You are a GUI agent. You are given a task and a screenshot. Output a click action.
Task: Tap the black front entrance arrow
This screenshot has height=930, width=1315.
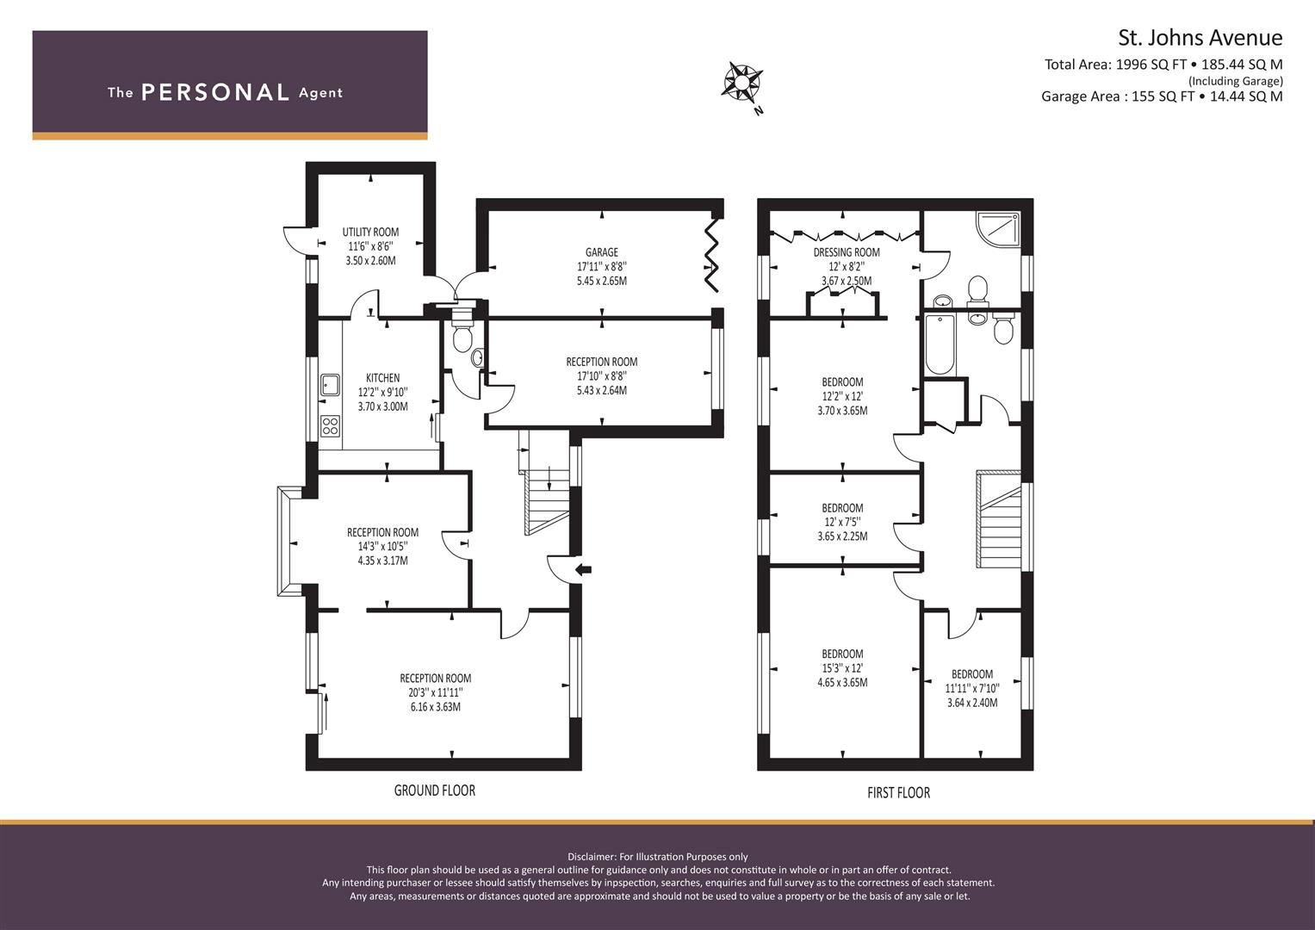coord(584,569)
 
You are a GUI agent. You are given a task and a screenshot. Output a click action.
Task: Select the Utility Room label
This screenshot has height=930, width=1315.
coord(370,232)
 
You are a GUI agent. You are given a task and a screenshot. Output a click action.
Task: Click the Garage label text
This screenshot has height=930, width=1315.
coord(602,251)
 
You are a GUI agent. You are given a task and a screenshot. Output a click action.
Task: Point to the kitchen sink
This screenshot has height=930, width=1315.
coord(330,385)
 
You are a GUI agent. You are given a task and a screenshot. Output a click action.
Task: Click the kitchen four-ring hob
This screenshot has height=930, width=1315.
coord(330,425)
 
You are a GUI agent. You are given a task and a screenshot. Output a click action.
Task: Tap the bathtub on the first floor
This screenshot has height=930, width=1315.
coord(940,344)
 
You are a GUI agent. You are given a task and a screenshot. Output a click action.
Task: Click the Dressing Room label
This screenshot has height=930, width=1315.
coord(847,252)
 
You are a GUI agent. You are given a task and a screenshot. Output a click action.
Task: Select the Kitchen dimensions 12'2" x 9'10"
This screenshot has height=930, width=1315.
coord(382,392)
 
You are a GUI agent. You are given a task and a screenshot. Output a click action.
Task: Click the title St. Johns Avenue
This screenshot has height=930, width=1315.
coord(1200,38)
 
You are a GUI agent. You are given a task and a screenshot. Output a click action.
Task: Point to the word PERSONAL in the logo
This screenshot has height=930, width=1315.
coord(215,92)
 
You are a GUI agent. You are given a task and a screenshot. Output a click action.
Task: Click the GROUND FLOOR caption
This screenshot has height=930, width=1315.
coord(434,790)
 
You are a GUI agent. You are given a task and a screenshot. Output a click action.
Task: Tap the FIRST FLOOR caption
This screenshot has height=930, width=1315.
coord(899,793)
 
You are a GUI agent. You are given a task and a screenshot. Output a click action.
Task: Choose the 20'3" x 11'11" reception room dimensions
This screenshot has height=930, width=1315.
coord(436,693)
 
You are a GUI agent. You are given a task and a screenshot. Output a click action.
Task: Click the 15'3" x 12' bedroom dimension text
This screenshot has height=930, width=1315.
coord(842,668)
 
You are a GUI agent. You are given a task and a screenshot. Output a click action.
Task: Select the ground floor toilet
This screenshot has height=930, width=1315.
coord(462,335)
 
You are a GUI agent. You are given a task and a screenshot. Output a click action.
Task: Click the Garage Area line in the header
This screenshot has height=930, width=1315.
coord(1162,96)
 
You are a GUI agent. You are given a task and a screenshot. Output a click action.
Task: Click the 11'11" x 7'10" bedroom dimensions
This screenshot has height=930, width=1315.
coord(972,689)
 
